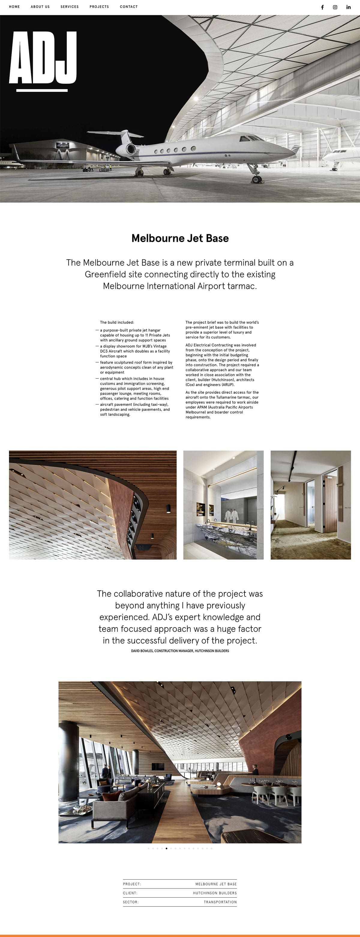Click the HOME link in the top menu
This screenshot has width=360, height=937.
coord(14,7)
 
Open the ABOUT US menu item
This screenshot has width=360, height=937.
coord(40,7)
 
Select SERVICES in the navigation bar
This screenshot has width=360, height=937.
coord(70,7)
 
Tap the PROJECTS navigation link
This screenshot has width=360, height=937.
coord(99,7)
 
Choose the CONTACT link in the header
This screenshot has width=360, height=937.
coord(129,7)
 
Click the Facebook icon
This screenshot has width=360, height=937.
coord(322,7)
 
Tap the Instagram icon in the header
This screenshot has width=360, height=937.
coord(335,7)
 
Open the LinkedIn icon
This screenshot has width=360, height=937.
coord(348,7)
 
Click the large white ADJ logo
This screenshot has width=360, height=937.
coord(43,58)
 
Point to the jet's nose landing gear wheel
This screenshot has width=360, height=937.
coord(257,179)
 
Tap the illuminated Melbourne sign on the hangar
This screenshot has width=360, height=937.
coord(62,146)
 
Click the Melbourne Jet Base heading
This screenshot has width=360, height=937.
coord(180,238)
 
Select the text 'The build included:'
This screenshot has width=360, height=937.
coord(117,322)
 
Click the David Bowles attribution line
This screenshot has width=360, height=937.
coord(180,651)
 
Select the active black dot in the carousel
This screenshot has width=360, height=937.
coord(166,848)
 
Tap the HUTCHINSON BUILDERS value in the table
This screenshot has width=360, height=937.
coord(214,893)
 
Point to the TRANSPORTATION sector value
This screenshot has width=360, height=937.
coord(220,902)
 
